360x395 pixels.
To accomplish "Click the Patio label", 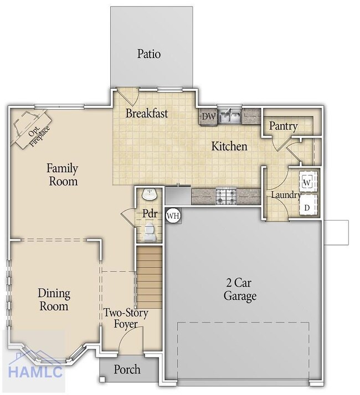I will (x=149, y=54).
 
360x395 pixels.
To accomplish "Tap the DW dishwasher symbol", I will (x=208, y=116).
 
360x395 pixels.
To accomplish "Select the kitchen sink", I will (x=229, y=116).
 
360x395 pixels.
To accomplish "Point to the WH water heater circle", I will (x=173, y=215).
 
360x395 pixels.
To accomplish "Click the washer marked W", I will (x=307, y=181).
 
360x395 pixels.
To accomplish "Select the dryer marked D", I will (x=307, y=207).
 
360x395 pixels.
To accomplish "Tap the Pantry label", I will (x=283, y=126).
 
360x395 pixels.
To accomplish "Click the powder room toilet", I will (x=150, y=232).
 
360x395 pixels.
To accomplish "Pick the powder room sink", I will (x=150, y=195).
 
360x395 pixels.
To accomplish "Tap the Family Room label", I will (x=62, y=175).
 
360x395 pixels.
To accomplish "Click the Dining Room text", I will (x=54, y=300).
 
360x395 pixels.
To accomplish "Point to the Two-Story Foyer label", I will (x=126, y=319).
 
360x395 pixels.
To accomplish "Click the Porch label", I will (x=127, y=370).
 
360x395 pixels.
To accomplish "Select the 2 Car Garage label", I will (x=240, y=290).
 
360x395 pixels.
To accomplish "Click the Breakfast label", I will (x=146, y=114).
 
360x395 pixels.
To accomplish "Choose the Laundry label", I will (x=285, y=195).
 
